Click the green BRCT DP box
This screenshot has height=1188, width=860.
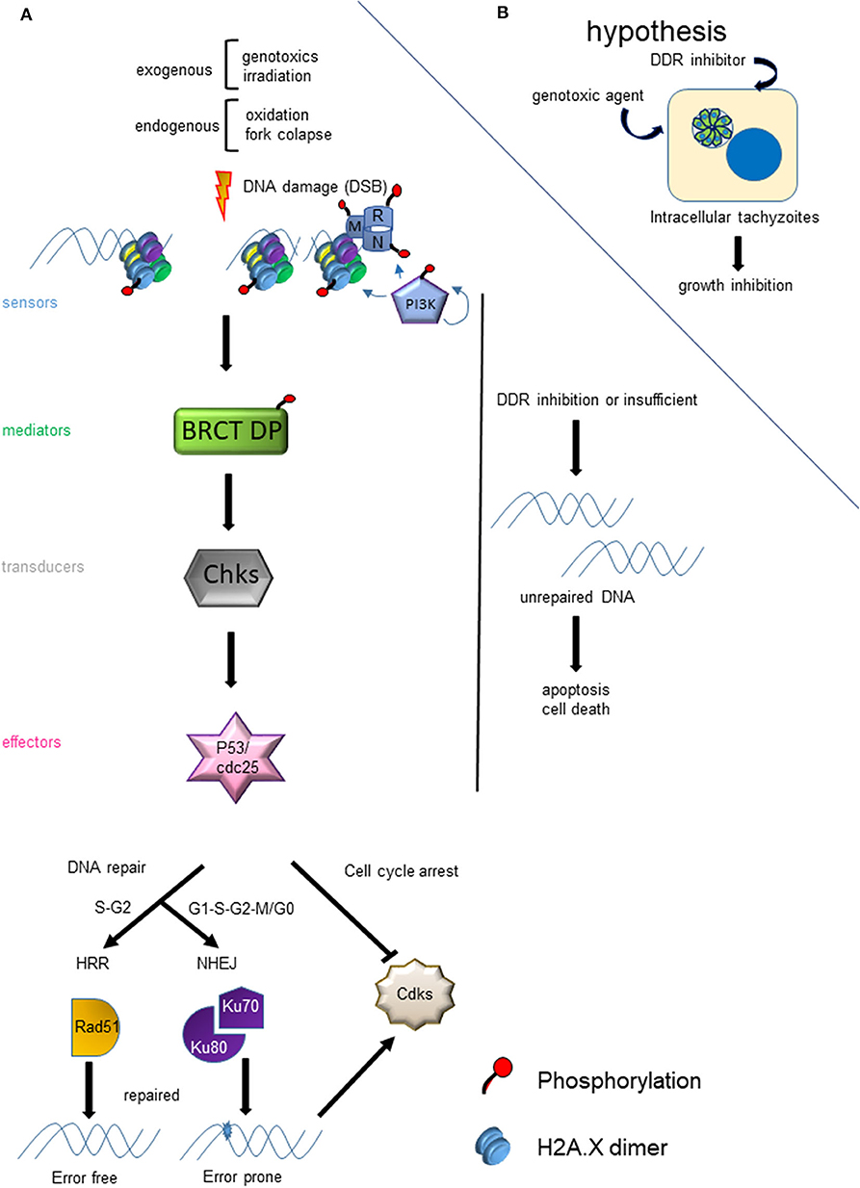pyautogui.click(x=231, y=430)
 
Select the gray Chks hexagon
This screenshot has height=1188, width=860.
pyautogui.click(x=228, y=578)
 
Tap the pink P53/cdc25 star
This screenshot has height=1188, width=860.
pyautogui.click(x=236, y=758)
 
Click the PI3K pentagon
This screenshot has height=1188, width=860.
pyautogui.click(x=420, y=303)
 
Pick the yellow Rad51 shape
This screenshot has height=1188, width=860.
pyautogui.click(x=95, y=1027)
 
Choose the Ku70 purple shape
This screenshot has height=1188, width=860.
pyautogui.click(x=242, y=1006)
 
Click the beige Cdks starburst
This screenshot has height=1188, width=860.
pyautogui.click(x=414, y=994)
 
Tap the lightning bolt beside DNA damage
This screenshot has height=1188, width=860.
pyautogui.click(x=223, y=194)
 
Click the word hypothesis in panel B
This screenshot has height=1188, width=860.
pyautogui.click(x=656, y=32)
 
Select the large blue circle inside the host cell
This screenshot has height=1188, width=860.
pyautogui.click(x=753, y=155)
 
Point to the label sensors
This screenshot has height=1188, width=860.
pyautogui.click(x=30, y=303)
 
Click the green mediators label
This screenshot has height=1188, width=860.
pyautogui.click(x=36, y=430)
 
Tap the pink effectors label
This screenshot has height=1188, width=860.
pyautogui.click(x=32, y=742)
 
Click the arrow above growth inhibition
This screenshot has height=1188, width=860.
pyautogui.click(x=738, y=254)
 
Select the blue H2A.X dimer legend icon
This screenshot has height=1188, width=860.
pyautogui.click(x=493, y=1147)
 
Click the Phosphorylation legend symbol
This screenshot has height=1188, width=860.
pyautogui.click(x=498, y=1075)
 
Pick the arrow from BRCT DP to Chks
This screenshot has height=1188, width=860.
pyautogui.click(x=228, y=502)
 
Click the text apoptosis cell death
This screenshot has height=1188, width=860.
pyautogui.click(x=576, y=699)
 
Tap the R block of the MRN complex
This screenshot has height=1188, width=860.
pyautogui.click(x=378, y=217)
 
